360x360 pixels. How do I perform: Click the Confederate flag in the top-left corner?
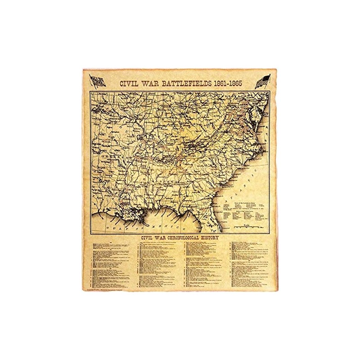[x=98, y=81]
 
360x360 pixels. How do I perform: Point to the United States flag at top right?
[x=263, y=81]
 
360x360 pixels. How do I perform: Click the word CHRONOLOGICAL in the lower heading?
[x=180, y=238]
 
